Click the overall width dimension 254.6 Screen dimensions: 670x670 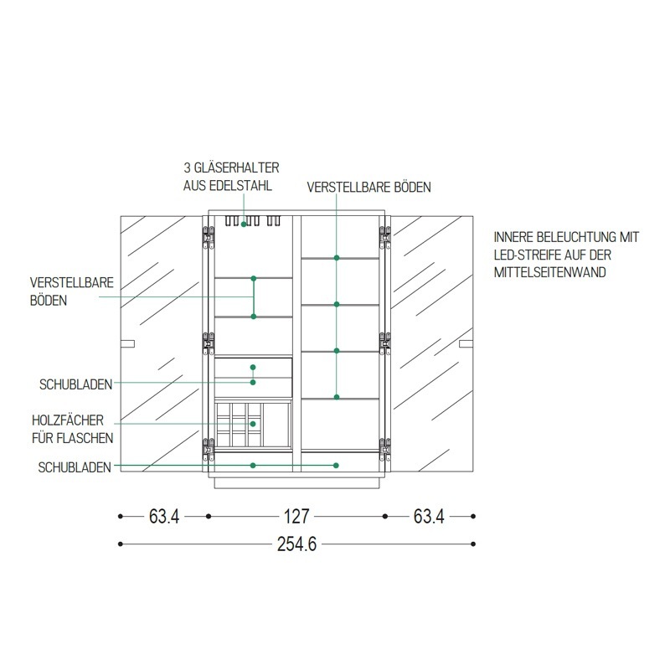coord(296,544)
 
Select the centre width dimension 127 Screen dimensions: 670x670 coord(296,516)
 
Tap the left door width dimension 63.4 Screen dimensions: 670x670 coord(164,516)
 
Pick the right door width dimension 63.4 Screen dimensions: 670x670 coord(429,516)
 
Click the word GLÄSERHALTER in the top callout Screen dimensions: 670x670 coord(237,167)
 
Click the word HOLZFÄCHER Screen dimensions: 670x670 coord(68,420)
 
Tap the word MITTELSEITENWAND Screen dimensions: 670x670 coord(550,272)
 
